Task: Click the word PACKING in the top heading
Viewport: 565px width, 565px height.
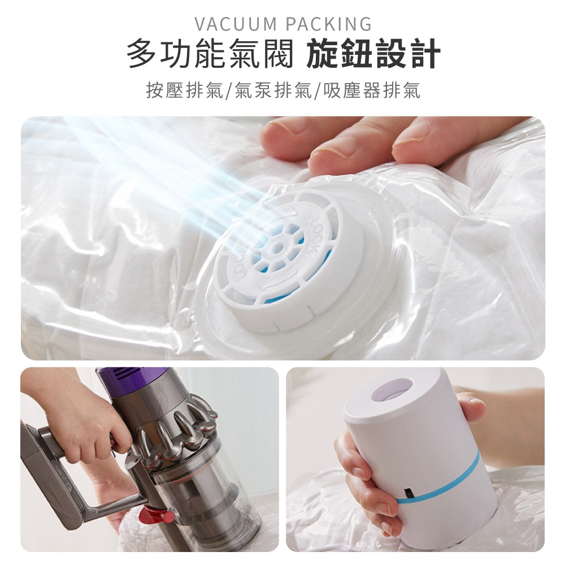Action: (329, 24)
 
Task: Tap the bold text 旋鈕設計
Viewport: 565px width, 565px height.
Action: (372, 55)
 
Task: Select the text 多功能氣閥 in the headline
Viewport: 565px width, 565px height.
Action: (210, 55)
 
